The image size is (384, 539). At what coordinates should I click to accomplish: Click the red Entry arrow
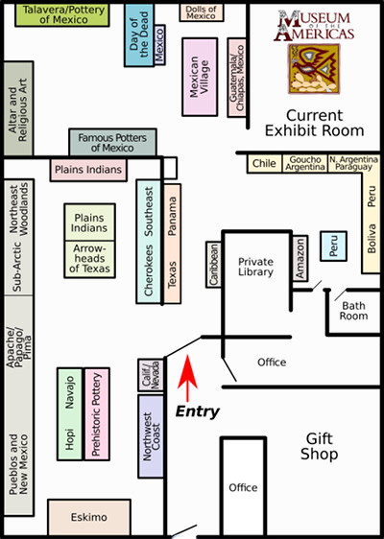pyautogui.click(x=187, y=378)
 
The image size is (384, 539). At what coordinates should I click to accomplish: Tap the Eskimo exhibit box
pyautogui.click(x=89, y=517)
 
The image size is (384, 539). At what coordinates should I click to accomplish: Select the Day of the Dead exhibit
pyautogui.click(x=139, y=35)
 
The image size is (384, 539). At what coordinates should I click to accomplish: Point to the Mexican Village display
pyautogui.click(x=200, y=77)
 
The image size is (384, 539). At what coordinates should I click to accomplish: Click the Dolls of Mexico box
pyautogui.click(x=202, y=12)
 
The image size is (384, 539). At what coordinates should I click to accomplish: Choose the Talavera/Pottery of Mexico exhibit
pyautogui.click(x=62, y=14)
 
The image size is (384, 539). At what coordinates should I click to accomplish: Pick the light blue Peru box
pyautogui.click(x=333, y=246)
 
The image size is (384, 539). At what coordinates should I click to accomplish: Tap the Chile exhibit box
pyautogui.click(x=264, y=164)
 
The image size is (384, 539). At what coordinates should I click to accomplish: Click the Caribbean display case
pyautogui.click(x=214, y=265)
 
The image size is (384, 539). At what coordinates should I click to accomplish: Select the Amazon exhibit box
pyautogui.click(x=300, y=258)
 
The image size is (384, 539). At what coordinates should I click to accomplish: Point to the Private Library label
pyautogui.click(x=256, y=267)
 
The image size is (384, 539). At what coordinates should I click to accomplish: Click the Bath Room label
pyautogui.click(x=353, y=311)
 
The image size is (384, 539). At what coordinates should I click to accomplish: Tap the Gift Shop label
pyautogui.click(x=320, y=446)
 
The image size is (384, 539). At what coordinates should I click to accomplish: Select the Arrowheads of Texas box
pyautogui.click(x=89, y=259)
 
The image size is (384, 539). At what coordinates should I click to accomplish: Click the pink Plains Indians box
pyautogui.click(x=88, y=170)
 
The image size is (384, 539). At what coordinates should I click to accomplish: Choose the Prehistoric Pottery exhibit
pyautogui.click(x=97, y=414)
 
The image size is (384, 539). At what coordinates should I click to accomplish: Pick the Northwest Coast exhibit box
pyautogui.click(x=151, y=436)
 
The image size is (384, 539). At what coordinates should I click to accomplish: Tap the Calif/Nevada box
pyautogui.click(x=151, y=375)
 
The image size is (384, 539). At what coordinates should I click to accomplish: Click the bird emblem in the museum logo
pyautogui.click(x=314, y=69)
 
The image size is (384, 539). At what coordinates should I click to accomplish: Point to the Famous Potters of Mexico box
pyautogui.click(x=112, y=143)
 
